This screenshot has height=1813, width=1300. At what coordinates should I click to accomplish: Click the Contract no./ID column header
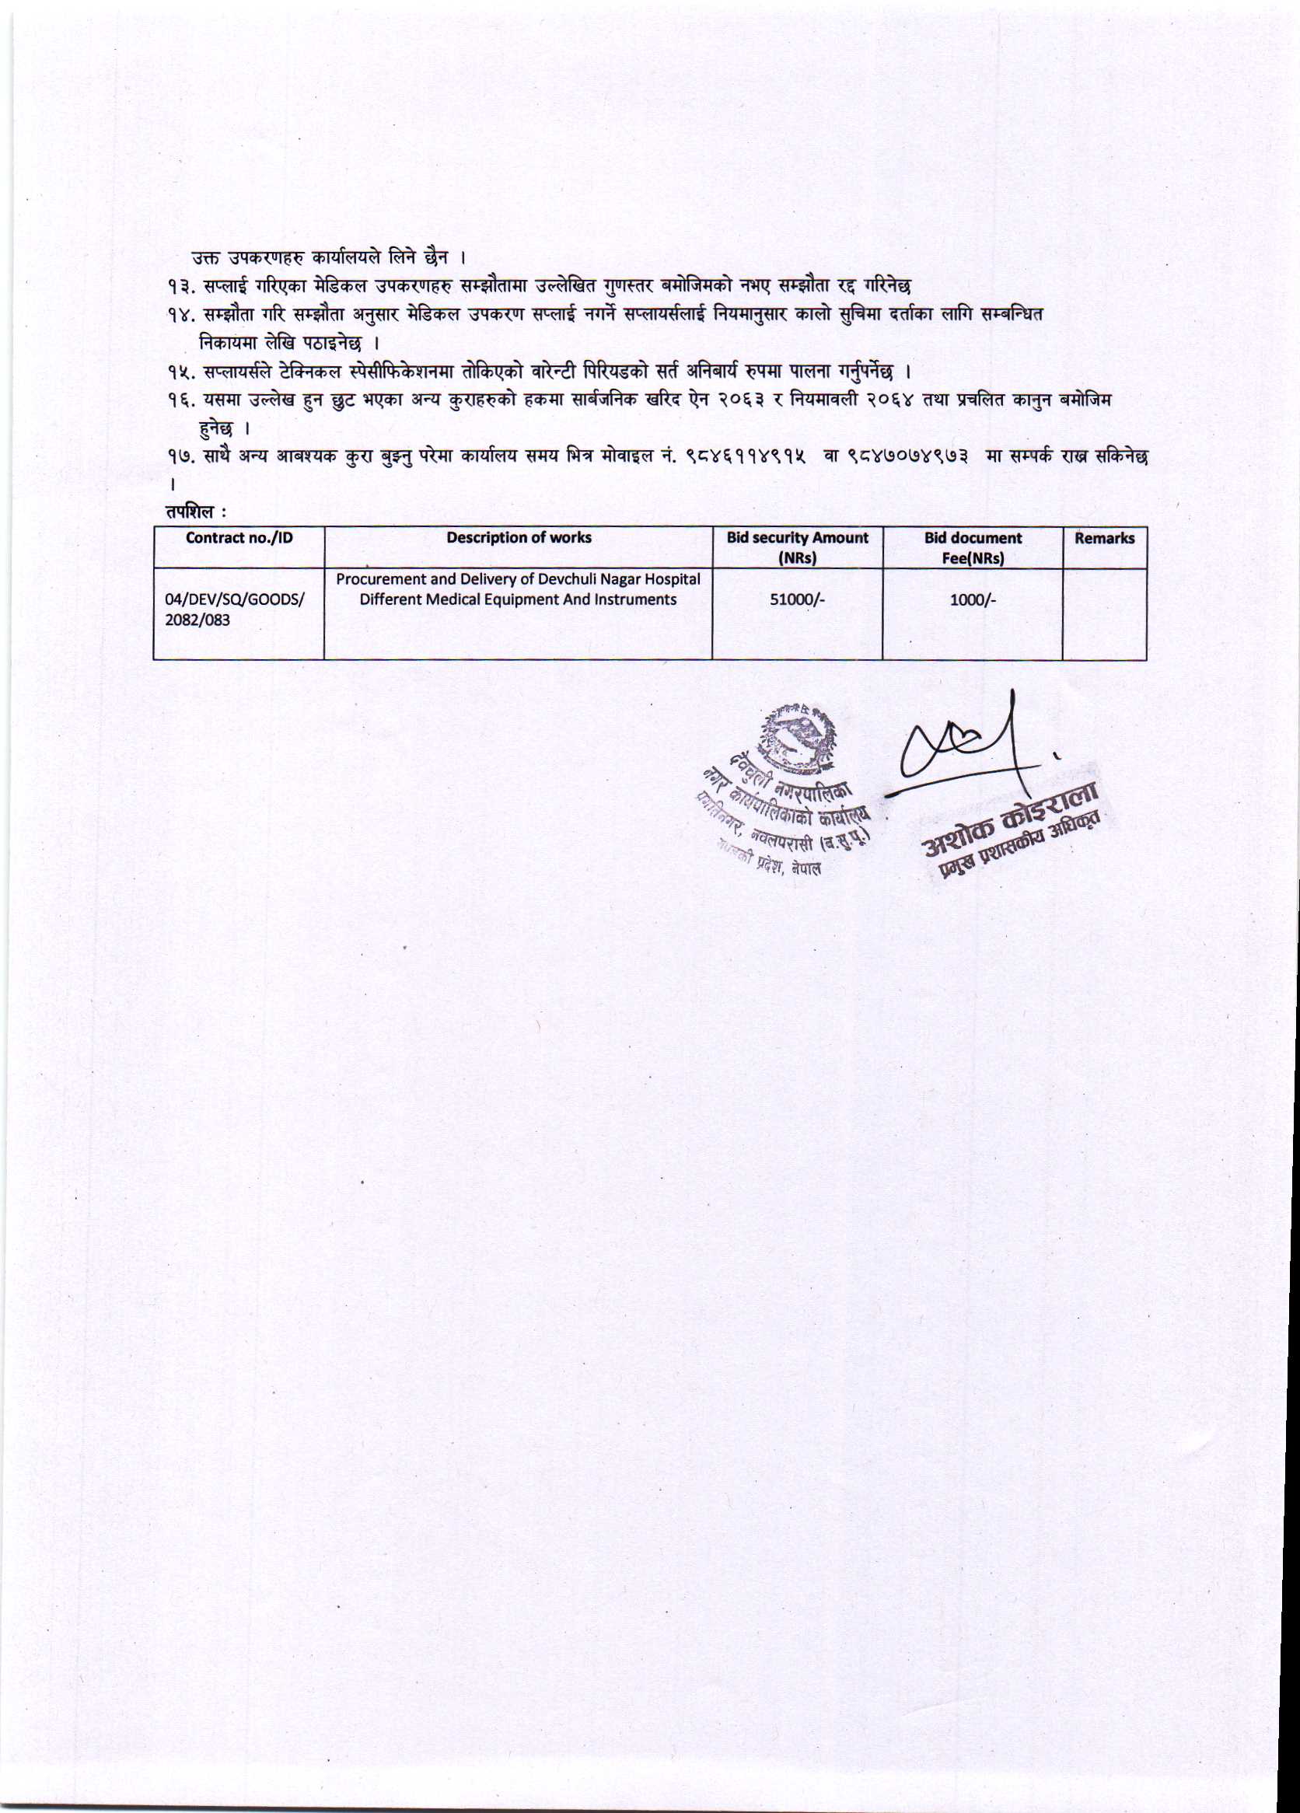coord(239,538)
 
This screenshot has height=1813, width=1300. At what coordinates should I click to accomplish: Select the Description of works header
coord(518,538)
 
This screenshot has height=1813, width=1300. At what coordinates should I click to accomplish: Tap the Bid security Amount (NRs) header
coord(796,547)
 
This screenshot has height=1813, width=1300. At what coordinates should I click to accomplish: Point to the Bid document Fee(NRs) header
coord(972,547)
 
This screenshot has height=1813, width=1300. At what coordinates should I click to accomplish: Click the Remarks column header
coord(1104,538)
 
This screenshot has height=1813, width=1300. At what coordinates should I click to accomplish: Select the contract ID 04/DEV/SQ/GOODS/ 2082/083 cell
coord(234,610)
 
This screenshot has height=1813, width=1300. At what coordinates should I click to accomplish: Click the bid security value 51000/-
coord(796,599)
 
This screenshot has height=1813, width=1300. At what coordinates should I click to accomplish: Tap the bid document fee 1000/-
coord(972,599)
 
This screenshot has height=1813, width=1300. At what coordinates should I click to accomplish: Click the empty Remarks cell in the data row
coord(1104,614)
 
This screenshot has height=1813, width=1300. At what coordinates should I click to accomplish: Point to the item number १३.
coord(179,286)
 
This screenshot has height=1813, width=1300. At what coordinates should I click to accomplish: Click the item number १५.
coord(179,372)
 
